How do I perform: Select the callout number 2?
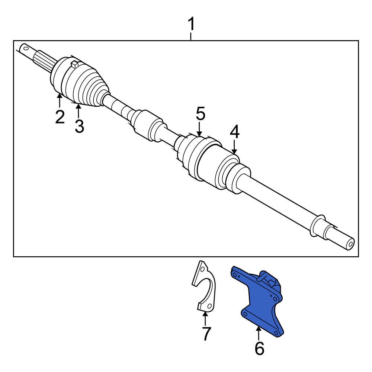coord(60,116)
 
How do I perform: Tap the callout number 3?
coord(79,126)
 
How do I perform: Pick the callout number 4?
coord(234,132)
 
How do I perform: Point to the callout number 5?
coord(201,114)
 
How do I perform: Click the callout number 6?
coord(259,348)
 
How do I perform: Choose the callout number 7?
coord(206,333)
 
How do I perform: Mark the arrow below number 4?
coord(234,147)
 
